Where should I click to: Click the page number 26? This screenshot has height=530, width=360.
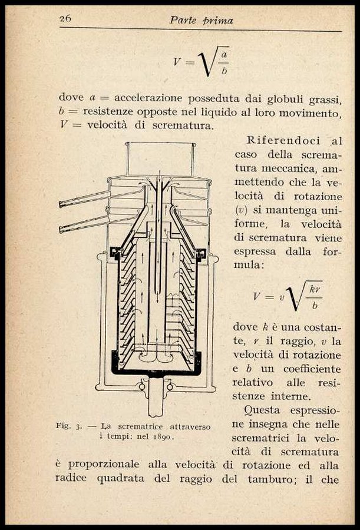point(65,18)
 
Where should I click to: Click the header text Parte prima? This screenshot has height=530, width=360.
point(201,20)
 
